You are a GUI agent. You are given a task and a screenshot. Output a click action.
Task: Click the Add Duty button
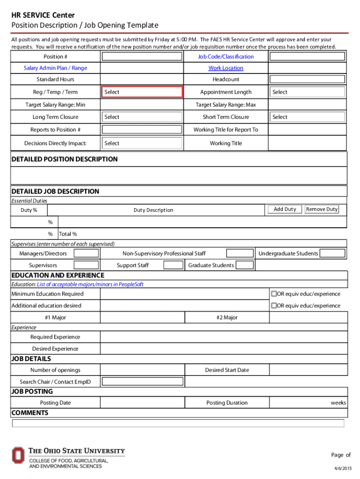pyautogui.click(x=284, y=210)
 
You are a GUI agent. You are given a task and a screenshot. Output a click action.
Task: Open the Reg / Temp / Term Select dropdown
pyautogui.click(x=142, y=92)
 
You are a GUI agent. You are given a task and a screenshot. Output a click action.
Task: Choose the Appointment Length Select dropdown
pyautogui.click(x=308, y=92)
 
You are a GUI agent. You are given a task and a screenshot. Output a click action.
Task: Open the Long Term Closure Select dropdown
pyautogui.click(x=142, y=117)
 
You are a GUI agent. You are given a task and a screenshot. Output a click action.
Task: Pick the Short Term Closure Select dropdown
pyautogui.click(x=308, y=117)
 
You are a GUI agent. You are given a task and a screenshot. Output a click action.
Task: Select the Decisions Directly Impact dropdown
pyautogui.click(x=142, y=143)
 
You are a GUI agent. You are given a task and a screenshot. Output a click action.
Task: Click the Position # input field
pyautogui.click(x=142, y=57)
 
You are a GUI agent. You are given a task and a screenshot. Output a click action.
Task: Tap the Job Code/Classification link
pyautogui.click(x=226, y=57)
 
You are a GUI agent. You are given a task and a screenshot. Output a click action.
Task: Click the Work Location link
pyautogui.click(x=226, y=68)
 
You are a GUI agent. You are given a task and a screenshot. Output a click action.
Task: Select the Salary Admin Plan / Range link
pyautogui.click(x=55, y=68)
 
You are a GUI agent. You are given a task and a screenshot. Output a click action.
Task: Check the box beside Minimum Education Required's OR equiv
pyautogui.click(x=274, y=294)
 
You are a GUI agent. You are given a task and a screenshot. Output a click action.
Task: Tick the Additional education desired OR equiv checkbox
pyautogui.click(x=274, y=305)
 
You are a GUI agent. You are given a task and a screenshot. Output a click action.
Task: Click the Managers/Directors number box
pyautogui.click(x=86, y=254)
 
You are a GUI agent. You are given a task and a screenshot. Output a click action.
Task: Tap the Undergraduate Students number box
pyautogui.click(x=333, y=254)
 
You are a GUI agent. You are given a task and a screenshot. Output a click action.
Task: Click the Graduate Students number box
pyautogui.click(x=245, y=265)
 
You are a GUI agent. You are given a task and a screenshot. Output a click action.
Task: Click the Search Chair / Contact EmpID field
pyautogui.click(x=142, y=382)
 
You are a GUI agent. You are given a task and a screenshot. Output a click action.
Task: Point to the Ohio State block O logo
pyautogui.click(x=18, y=456)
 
